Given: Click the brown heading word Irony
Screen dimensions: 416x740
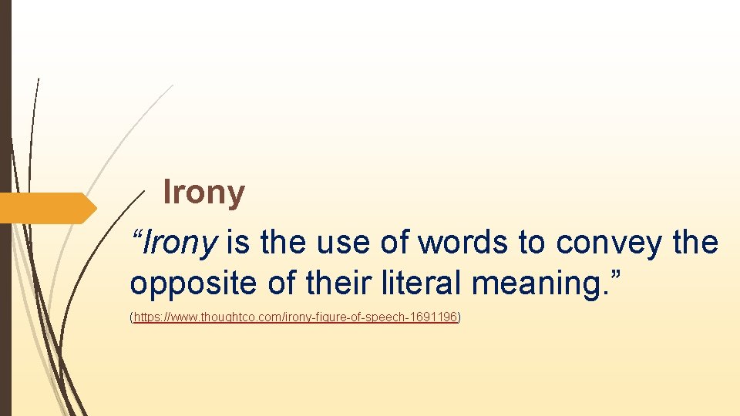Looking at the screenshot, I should [204, 193].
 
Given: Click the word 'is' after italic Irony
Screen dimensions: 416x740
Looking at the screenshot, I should [237, 243].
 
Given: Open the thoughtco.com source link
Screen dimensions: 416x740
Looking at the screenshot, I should [296, 317].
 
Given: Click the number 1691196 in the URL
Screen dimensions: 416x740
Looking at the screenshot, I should [434, 317].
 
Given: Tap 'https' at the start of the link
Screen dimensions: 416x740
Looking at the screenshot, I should [146, 317].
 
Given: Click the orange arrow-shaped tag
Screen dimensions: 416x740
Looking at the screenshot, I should [46, 208].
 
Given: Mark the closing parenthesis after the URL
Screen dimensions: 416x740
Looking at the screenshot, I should [459, 317].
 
